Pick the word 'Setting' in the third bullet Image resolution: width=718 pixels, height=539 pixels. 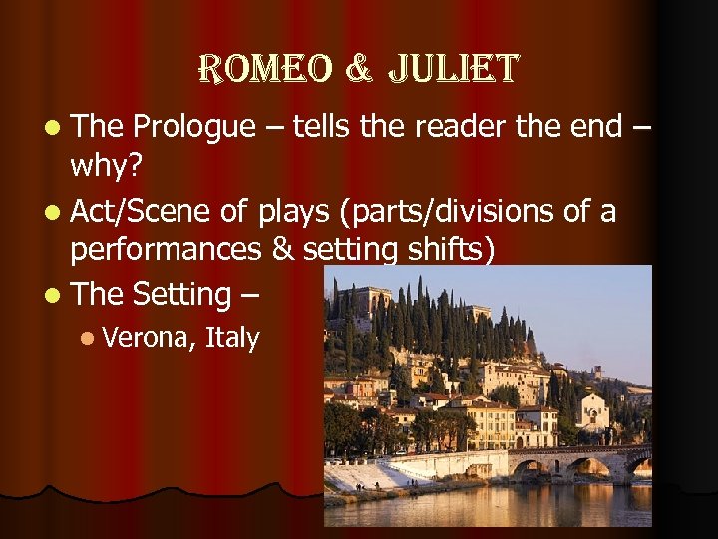180,294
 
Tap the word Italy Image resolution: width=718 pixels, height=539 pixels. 231,338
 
